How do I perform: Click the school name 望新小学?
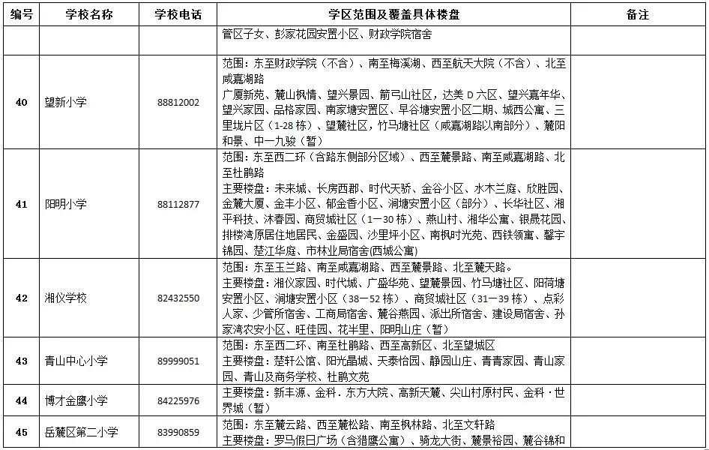[66, 102]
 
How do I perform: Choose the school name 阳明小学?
[66, 203]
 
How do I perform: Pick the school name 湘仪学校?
[66, 298]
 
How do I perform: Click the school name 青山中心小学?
[76, 361]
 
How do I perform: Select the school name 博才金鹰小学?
[76, 400]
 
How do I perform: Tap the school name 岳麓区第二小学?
[82, 432]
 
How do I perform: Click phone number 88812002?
[179, 102]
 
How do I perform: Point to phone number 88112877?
[179, 203]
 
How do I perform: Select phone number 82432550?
[179, 298]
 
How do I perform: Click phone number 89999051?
[179, 361]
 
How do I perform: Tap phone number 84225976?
[179, 400]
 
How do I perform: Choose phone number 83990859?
[179, 432]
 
